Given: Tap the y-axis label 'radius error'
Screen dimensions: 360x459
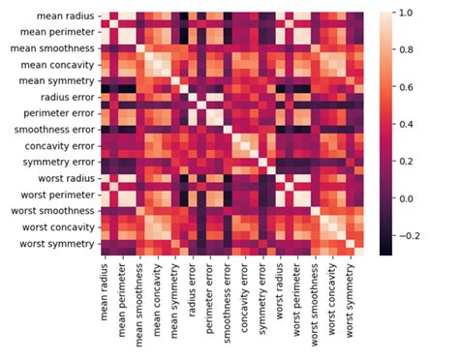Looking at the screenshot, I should point(65,98).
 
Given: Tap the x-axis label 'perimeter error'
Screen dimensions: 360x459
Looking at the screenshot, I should point(208,294).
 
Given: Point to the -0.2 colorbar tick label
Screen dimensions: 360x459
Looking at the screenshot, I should point(412,235).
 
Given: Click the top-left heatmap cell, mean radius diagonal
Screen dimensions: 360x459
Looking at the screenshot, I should point(106,13).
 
